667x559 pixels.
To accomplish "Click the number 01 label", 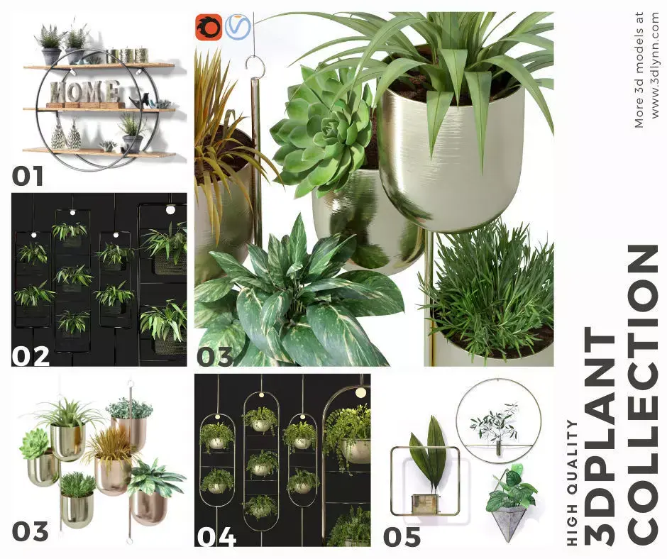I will pyautogui.click(x=28, y=175).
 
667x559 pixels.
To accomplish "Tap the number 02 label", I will pyautogui.click(x=31, y=355).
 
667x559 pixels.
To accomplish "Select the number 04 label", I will pyautogui.click(x=216, y=537).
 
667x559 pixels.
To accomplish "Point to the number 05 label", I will pyautogui.click(x=402, y=537).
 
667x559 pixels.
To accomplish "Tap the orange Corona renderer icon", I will pyautogui.click(x=209, y=27).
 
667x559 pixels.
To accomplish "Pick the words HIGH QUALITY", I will pyautogui.click(x=574, y=482).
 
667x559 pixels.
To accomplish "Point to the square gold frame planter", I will pyautogui.click(x=426, y=482).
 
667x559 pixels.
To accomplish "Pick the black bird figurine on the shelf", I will pyautogui.click(x=144, y=100).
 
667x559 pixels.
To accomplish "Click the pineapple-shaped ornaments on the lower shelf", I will pyautogui.click(x=66, y=135).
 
